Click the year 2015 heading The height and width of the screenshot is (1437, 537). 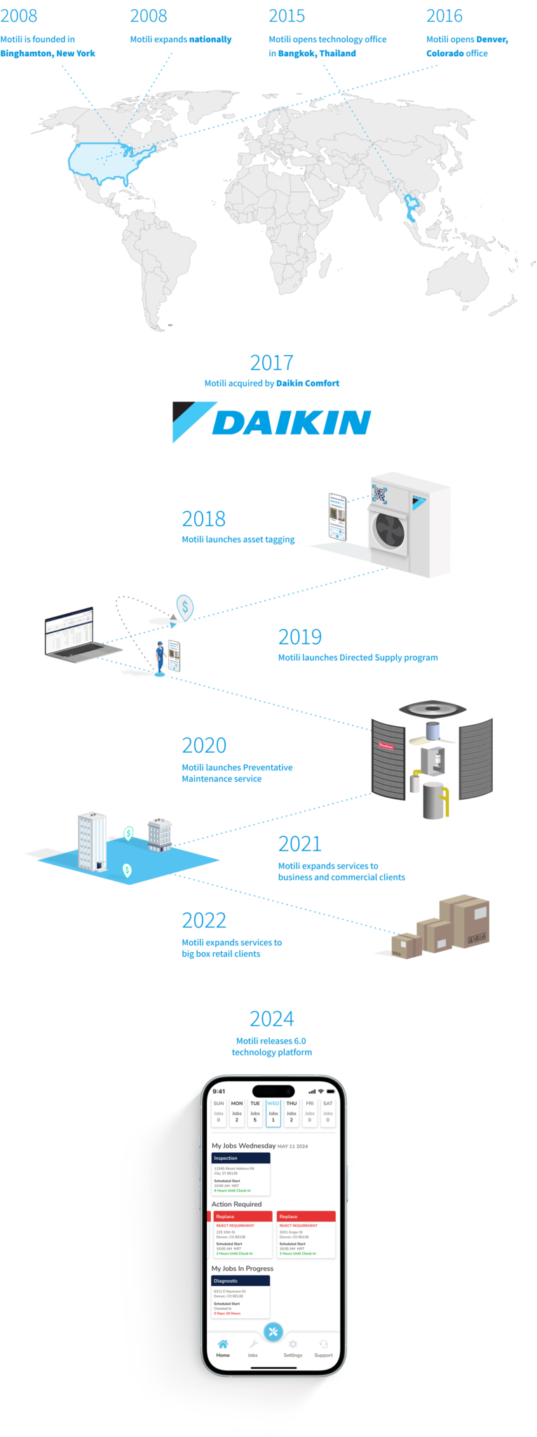[287, 16]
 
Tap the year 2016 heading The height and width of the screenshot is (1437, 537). [444, 16]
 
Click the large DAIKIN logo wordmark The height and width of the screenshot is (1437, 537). [291, 423]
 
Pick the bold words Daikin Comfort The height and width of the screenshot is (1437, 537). [308, 383]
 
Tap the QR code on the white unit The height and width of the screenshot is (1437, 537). [379, 495]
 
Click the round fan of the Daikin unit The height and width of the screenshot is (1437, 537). [388, 530]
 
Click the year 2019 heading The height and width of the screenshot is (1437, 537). [299, 637]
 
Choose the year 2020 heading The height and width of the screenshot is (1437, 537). [204, 745]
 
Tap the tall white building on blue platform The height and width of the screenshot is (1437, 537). [92, 841]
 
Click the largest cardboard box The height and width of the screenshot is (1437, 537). [467, 920]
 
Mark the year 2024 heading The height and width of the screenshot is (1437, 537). [271, 1019]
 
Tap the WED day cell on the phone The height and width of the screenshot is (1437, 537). [273, 1113]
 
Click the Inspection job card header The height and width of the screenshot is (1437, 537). [240, 1158]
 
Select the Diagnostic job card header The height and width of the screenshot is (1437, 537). [240, 1281]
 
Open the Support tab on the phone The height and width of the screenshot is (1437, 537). [323, 1348]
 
